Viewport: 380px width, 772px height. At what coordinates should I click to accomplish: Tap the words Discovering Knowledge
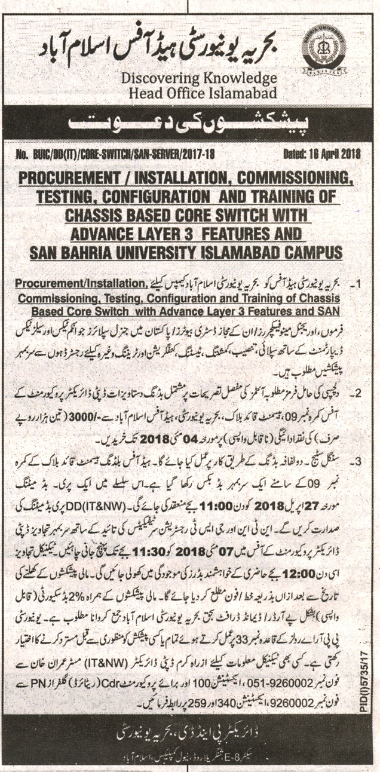click(200, 78)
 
